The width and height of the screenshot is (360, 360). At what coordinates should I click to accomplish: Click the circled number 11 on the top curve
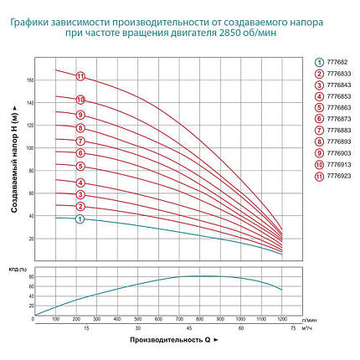point(80,76)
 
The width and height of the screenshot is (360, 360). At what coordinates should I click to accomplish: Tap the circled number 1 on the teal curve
point(80,219)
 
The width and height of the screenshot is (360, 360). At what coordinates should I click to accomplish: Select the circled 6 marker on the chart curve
point(80,153)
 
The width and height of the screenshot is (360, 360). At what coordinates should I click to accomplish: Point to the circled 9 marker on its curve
point(80,115)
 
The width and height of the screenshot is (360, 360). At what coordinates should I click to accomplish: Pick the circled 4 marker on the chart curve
point(80,183)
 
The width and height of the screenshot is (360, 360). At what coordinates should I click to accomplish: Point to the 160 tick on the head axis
point(28,80)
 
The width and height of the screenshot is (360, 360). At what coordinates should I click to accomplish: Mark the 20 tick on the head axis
point(29,239)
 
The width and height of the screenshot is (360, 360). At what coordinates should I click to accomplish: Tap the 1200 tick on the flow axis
point(282,319)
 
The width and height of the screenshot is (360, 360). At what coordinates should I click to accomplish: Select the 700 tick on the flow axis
point(179,319)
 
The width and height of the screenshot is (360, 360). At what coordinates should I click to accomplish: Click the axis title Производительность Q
point(174,341)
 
